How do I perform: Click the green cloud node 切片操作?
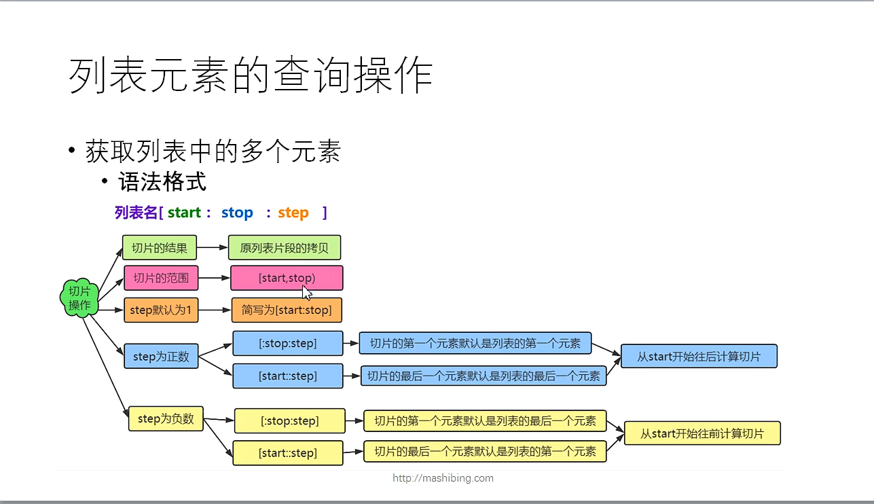tap(79, 298)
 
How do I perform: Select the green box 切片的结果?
tap(159, 248)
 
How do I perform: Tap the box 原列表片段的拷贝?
tap(284, 248)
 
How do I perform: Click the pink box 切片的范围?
tap(160, 278)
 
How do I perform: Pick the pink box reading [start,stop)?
tap(287, 278)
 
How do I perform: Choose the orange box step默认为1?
tap(160, 310)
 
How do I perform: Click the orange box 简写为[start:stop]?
tap(287, 310)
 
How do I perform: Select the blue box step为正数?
tap(161, 356)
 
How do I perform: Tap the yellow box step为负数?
tap(166, 419)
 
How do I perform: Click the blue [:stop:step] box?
tap(287, 343)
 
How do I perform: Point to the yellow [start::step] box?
tap(287, 453)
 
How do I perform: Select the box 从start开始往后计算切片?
tap(699, 356)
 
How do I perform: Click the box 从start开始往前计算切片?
tap(702, 433)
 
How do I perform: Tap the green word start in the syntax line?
tap(184, 213)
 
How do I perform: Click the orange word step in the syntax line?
tap(293, 213)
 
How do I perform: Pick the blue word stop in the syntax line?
tap(237, 213)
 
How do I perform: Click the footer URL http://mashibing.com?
tap(443, 478)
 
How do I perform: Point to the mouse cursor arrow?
tap(307, 293)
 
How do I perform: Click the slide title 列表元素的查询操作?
tap(251, 74)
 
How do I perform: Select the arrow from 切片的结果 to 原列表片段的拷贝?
tap(212, 248)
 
